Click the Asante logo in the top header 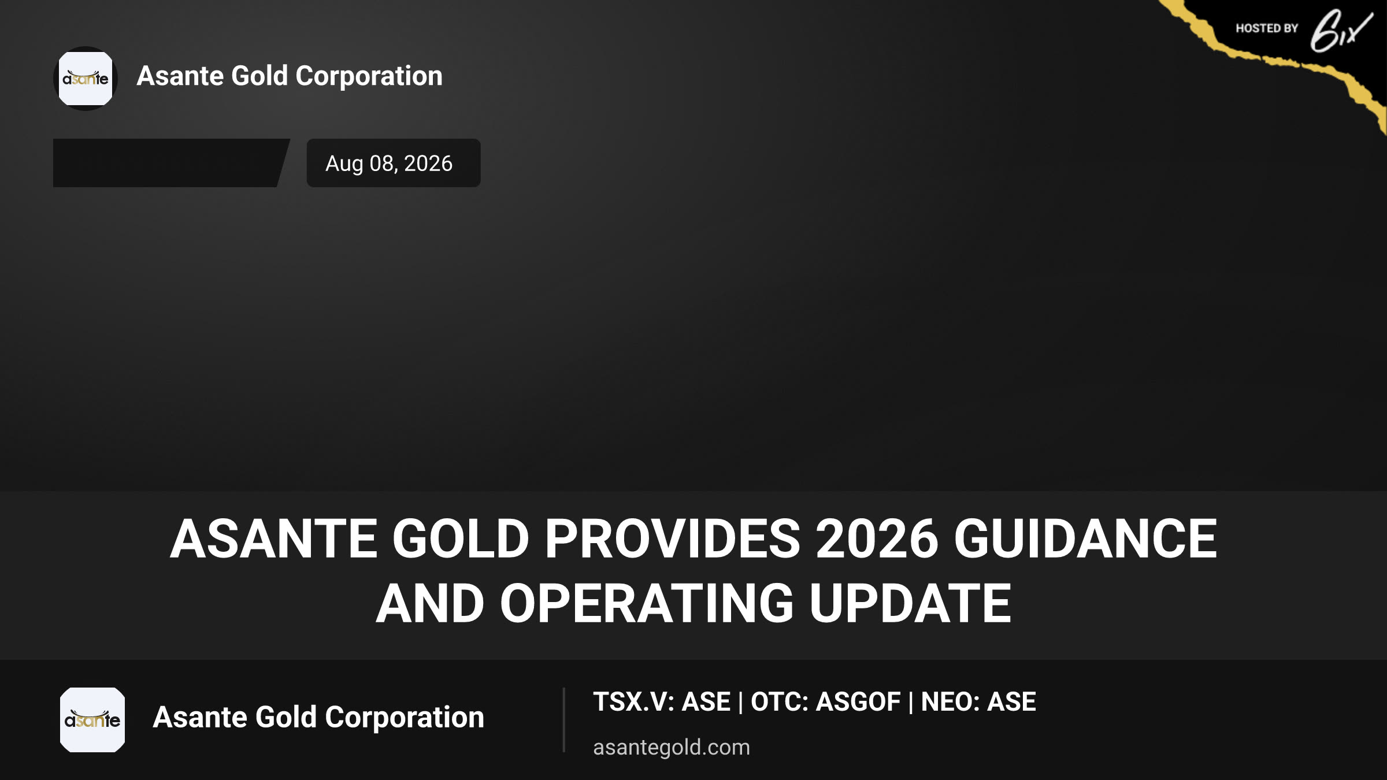[86, 79]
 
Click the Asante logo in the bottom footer [92, 720]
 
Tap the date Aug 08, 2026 [389, 164]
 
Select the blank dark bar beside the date [171, 163]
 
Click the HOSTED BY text [1267, 28]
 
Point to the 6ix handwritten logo [1341, 31]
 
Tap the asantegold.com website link [672, 747]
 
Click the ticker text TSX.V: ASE [662, 701]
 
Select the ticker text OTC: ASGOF [825, 701]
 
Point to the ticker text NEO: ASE [978, 701]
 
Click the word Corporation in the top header [369, 76]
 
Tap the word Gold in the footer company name [286, 717]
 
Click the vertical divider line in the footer [563, 720]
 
